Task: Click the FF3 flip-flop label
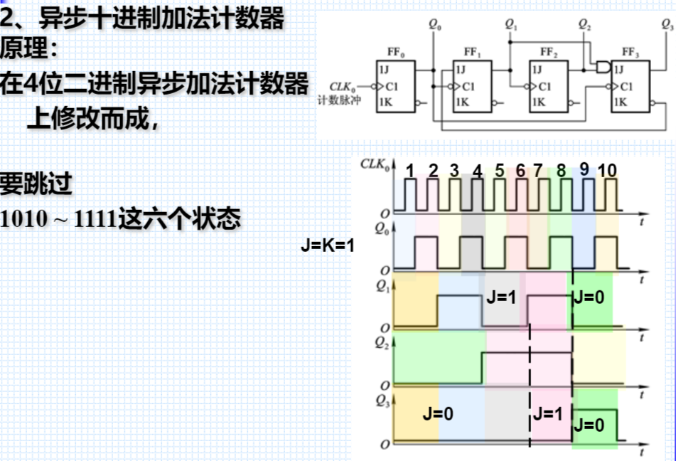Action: click(629, 52)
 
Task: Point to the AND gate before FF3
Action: click(603, 68)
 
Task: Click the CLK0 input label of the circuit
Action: click(343, 86)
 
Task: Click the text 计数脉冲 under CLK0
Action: click(340, 100)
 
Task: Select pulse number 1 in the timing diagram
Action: click(410, 170)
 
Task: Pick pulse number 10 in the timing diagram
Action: click(607, 170)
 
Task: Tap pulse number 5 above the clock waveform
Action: click(500, 170)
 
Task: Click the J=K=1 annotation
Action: click(327, 247)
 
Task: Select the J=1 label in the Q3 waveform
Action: click(548, 413)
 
